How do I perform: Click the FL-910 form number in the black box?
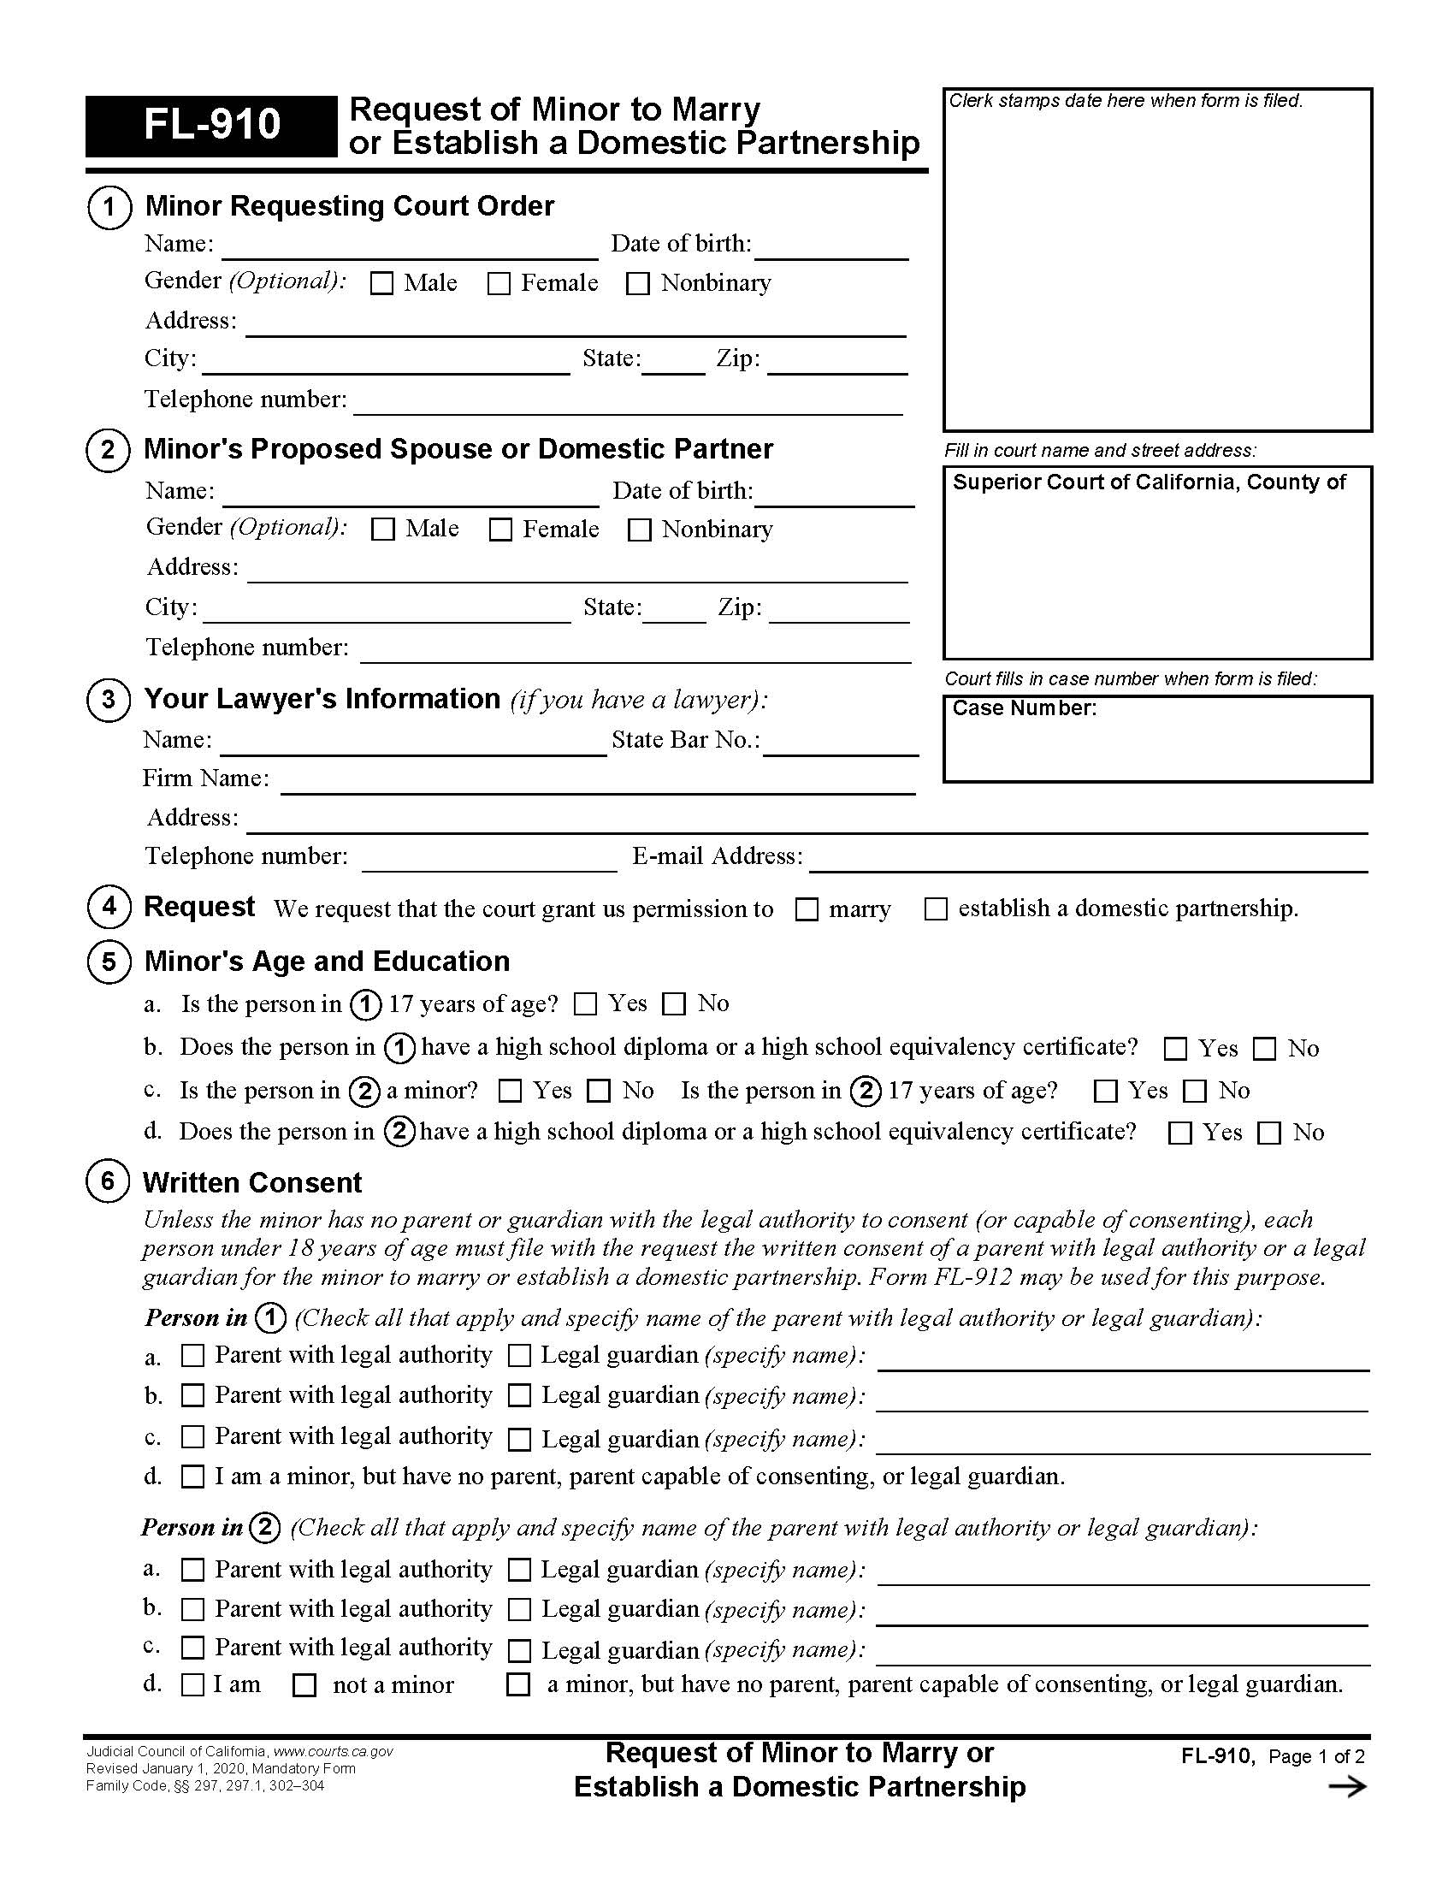pyautogui.click(x=211, y=125)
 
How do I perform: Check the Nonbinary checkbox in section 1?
pyautogui.click(x=637, y=283)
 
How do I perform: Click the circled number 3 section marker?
pyautogui.click(x=109, y=699)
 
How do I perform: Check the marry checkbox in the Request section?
pyautogui.click(x=807, y=909)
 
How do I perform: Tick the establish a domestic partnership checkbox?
pyautogui.click(x=936, y=909)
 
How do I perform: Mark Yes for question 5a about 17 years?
pyautogui.click(x=586, y=1004)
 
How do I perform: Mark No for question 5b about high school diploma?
pyautogui.click(x=1264, y=1049)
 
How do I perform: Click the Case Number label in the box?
pyautogui.click(x=1024, y=708)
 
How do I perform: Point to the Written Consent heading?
pyautogui.click(x=252, y=1182)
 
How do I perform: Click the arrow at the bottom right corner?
pyautogui.click(x=1347, y=1787)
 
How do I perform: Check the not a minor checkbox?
pyautogui.click(x=305, y=1685)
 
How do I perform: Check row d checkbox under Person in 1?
pyautogui.click(x=193, y=1477)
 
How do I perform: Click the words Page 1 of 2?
pyautogui.click(x=1316, y=1756)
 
